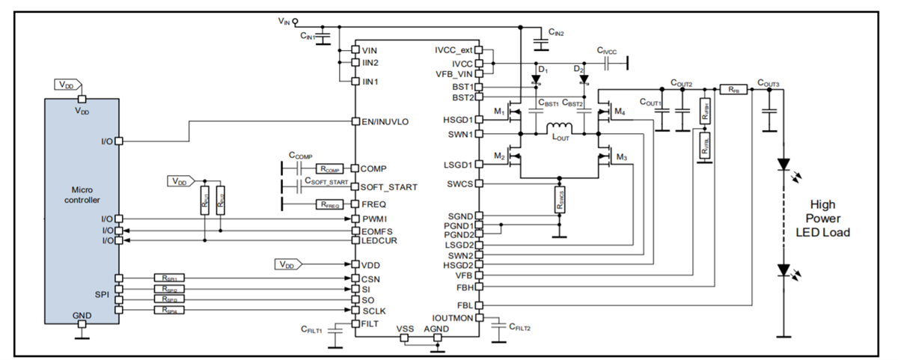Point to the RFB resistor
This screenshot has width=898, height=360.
[x=733, y=88]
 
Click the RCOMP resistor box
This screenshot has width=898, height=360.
[x=329, y=168]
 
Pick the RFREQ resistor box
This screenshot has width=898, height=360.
[x=329, y=203]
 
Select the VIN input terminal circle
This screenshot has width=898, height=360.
[x=296, y=22]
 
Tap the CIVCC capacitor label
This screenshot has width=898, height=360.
[x=607, y=50]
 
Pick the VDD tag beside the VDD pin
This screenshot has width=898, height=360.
[x=287, y=264]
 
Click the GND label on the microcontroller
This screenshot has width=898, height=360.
[x=82, y=317]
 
